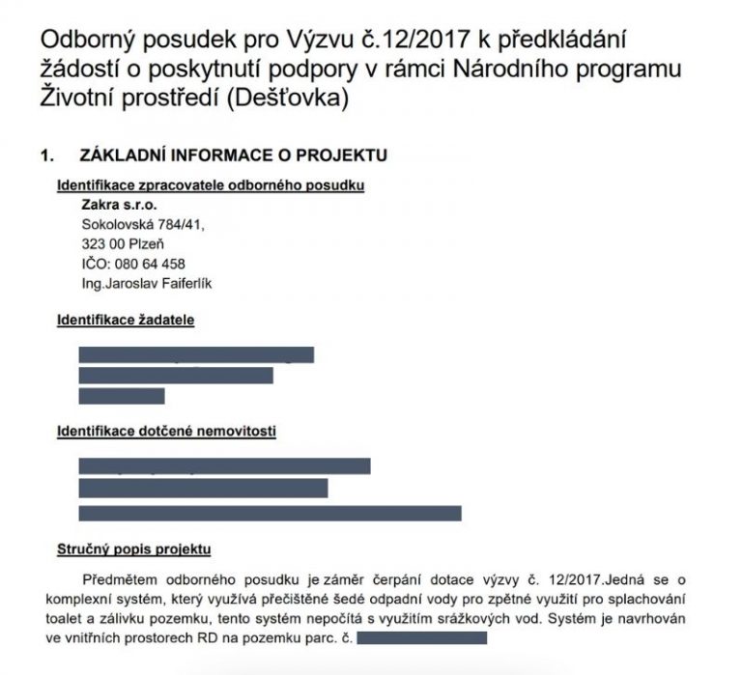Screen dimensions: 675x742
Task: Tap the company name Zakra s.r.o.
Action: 121,205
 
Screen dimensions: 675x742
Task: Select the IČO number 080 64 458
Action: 155,263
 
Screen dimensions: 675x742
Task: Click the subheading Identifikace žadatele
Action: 126,320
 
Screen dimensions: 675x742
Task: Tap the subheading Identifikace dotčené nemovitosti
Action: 167,431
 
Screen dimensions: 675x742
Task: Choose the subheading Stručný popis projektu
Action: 133,549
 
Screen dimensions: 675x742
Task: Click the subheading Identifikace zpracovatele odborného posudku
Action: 211,185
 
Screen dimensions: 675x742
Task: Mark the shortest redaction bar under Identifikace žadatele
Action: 122,396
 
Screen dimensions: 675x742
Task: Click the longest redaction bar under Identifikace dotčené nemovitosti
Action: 270,513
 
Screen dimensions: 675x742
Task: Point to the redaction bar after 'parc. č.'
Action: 421,638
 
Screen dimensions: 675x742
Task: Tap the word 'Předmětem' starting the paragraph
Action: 122,580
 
